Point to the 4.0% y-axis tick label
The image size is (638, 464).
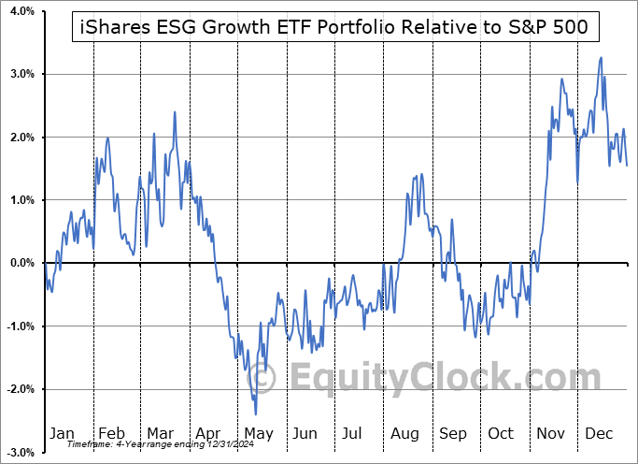click(x=21, y=11)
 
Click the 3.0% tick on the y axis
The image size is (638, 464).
click(x=21, y=74)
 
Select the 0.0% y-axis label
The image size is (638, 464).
click(x=21, y=263)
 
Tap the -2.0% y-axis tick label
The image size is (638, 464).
click(x=19, y=389)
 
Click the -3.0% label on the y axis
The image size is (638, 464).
click(x=19, y=452)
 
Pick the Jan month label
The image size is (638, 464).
click(x=62, y=433)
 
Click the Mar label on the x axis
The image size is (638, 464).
click(x=161, y=433)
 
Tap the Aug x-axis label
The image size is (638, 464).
click(x=404, y=433)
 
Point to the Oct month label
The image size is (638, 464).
click(x=502, y=433)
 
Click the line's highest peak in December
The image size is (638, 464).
click(x=600, y=57)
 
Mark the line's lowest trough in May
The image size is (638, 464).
click(x=255, y=413)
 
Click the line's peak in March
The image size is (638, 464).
click(x=175, y=112)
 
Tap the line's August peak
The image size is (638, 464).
click(x=421, y=174)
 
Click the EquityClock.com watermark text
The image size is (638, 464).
click(x=430, y=379)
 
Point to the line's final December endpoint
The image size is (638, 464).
click(x=627, y=166)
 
